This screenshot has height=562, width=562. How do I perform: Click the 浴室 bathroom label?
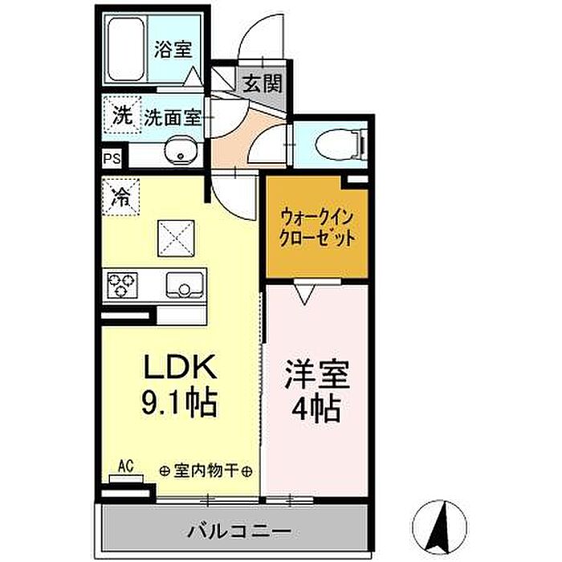173,50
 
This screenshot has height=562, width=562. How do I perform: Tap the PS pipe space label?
111,158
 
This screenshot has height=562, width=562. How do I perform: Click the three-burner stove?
123,284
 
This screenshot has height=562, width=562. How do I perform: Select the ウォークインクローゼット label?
316,227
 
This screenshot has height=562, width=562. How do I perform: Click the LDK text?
179,369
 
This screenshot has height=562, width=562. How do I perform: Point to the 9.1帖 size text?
181,401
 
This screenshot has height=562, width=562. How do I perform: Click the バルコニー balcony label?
229,531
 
